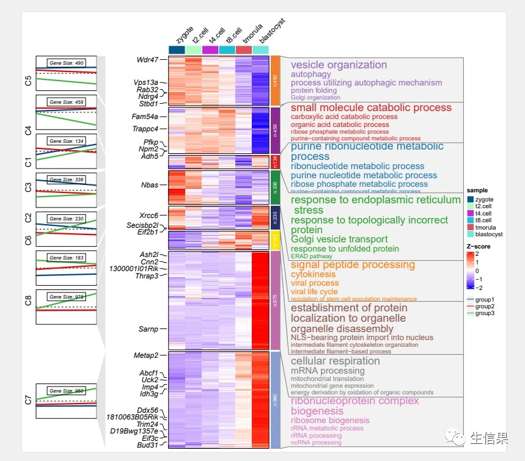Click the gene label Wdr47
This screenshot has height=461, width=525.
[147, 60]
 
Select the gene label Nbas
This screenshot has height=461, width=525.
[149, 184]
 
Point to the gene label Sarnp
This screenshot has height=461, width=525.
[148, 329]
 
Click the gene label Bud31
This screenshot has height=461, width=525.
[147, 445]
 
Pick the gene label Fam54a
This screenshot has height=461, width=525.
[145, 117]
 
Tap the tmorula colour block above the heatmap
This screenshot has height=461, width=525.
[243, 49]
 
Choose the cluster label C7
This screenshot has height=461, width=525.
[28, 401]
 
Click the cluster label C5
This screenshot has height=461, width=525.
[28, 81]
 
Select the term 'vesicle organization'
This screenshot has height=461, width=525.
[339, 65]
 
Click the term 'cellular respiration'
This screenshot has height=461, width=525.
[335, 361]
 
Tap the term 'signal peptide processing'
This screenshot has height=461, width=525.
[353, 265]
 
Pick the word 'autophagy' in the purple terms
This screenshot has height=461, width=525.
[310, 74]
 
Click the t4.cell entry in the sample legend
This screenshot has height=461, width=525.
[482, 214]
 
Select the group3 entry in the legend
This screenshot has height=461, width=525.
[485, 313]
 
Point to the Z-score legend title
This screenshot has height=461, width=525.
[479, 247]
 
